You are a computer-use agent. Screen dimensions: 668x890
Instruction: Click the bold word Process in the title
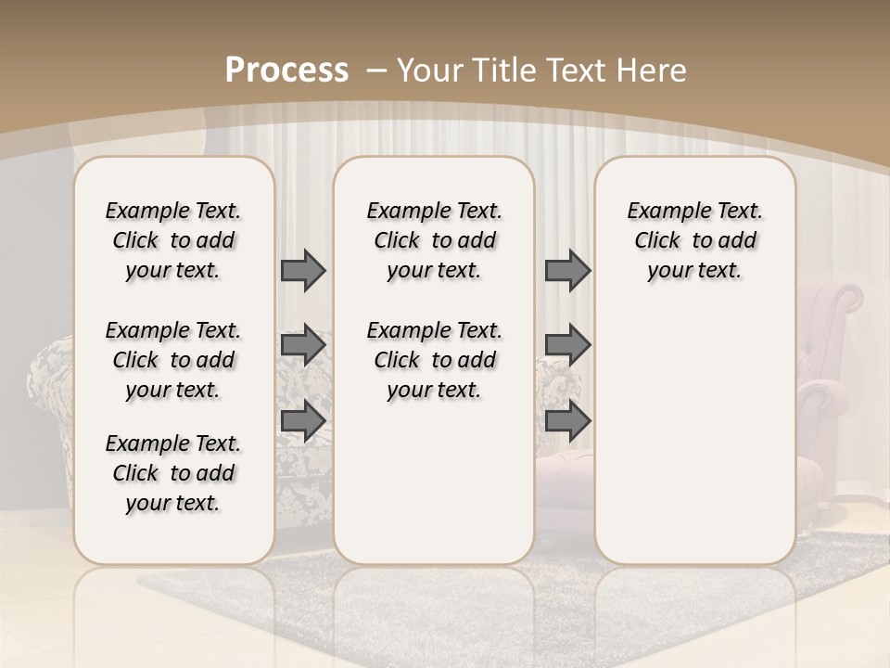pos(286,70)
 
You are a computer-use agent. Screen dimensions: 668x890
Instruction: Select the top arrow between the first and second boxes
pos(303,270)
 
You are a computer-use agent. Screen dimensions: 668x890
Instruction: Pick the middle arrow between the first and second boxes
pos(303,345)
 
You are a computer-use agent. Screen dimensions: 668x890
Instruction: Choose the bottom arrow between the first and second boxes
pos(303,420)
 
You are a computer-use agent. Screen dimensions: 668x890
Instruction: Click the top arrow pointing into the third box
pos(567,270)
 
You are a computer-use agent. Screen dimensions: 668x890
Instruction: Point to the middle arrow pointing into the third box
pos(567,345)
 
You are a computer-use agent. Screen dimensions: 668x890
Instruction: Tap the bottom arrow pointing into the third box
pos(567,420)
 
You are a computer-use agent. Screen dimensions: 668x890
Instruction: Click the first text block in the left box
pos(173,240)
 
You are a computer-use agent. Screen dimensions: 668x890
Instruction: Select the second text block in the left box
pos(173,360)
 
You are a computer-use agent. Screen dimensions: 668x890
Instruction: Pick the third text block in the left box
pos(173,473)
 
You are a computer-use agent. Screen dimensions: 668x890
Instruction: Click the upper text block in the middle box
pos(434,240)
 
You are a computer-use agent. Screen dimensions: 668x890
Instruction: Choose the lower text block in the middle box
pos(434,360)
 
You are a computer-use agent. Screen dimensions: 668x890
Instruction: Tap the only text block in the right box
pos(694,240)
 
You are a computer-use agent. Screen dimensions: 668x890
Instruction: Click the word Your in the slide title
pos(429,70)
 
